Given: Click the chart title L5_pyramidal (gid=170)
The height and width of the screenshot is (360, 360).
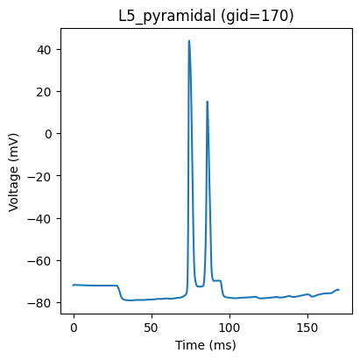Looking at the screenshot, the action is pyautogui.click(x=206, y=16).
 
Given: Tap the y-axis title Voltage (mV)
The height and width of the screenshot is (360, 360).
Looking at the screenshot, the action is pyautogui.click(x=13, y=173).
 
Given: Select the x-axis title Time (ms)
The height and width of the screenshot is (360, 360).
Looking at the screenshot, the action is pyautogui.click(x=206, y=345).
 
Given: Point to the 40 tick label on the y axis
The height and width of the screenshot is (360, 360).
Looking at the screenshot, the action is pyautogui.click(x=44, y=50).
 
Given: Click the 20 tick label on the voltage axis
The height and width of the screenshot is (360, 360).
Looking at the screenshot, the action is pyautogui.click(x=44, y=92).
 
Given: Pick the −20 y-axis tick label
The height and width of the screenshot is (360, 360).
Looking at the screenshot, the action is pyautogui.click(x=39, y=176).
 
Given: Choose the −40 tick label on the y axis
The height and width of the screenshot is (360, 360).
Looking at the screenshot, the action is pyautogui.click(x=39, y=218).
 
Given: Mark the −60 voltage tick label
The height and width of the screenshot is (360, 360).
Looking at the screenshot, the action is pyautogui.click(x=39, y=260).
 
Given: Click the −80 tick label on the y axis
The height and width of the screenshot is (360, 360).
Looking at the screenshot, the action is pyautogui.click(x=39, y=303).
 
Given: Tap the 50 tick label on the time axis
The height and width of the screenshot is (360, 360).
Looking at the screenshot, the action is pyautogui.click(x=152, y=328).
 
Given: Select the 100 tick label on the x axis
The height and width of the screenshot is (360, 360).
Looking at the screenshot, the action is pyautogui.click(x=229, y=328).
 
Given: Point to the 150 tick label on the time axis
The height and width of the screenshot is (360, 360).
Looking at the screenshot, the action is pyautogui.click(x=307, y=328).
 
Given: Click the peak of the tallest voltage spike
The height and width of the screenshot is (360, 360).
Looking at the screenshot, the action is pyautogui.click(x=189, y=40).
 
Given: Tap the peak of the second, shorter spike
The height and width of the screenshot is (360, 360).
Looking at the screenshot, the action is pyautogui.click(x=207, y=102).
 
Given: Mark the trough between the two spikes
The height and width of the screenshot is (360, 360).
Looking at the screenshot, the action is pyautogui.click(x=200, y=286).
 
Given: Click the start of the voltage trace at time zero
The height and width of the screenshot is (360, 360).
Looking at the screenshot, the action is pyautogui.click(x=73, y=285).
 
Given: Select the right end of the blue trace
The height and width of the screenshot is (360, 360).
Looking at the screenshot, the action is pyautogui.click(x=339, y=290).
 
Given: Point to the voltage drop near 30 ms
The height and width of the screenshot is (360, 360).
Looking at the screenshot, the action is pyautogui.click(x=120, y=292).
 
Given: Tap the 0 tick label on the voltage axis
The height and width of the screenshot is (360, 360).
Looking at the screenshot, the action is pyautogui.click(x=47, y=134).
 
